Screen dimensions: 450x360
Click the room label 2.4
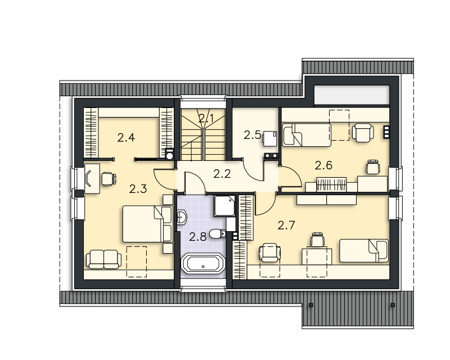[x=126, y=138]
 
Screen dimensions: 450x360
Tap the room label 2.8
[x=198, y=237]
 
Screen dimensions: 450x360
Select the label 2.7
[x=286, y=226]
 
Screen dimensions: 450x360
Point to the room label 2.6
[x=323, y=165]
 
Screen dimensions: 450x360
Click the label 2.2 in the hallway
[x=222, y=174]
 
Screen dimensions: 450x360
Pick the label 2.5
[x=252, y=135]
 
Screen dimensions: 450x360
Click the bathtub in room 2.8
[x=203, y=263]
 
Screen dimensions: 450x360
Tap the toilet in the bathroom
[x=218, y=233]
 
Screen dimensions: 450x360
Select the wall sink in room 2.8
[x=182, y=217]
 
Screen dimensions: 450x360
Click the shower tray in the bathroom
[x=224, y=206]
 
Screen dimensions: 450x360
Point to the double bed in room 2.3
[x=148, y=224]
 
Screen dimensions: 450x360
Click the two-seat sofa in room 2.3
[x=103, y=259]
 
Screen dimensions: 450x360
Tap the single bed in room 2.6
[x=307, y=135]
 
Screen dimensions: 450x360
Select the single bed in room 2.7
[x=364, y=251]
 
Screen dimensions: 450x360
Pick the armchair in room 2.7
[x=270, y=253]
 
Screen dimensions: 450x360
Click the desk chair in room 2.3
[x=109, y=179]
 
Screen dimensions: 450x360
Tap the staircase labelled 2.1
[x=203, y=134]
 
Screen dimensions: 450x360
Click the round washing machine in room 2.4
[x=170, y=154]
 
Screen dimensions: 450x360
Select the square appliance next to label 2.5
[x=270, y=138]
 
